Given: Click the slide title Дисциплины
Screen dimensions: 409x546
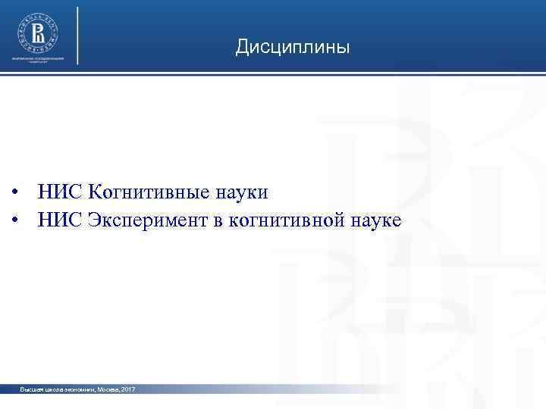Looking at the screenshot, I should [292, 48].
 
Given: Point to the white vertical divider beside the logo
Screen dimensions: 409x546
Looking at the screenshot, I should [78, 36].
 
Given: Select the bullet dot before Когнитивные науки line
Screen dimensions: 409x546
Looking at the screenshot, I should [15, 193].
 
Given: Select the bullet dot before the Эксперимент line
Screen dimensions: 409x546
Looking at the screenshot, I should [15, 221].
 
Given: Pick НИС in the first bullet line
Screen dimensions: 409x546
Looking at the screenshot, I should [59, 192].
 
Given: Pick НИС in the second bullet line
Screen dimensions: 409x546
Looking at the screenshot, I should [59, 220].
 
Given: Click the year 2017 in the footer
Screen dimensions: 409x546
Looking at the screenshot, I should [127, 389].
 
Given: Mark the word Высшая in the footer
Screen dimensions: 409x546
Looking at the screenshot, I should [32, 389].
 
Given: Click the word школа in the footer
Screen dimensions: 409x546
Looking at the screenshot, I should [52, 389].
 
